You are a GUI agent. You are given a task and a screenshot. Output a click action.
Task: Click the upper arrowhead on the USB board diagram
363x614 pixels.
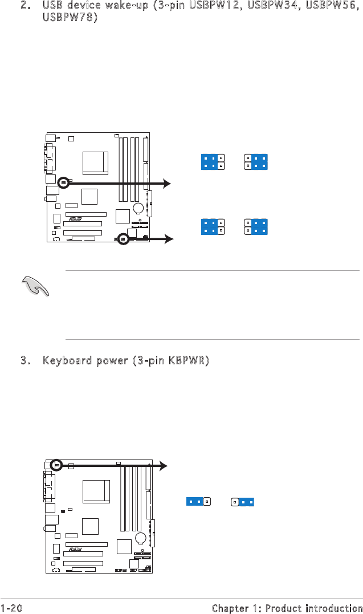pos(166,183)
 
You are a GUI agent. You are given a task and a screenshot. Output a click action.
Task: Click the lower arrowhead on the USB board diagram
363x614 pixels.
pos(168,240)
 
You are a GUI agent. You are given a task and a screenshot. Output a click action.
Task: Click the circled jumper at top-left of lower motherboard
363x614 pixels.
pos(56,465)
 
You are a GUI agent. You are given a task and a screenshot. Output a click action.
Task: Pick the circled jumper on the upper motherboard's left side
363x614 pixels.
pos(63,182)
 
